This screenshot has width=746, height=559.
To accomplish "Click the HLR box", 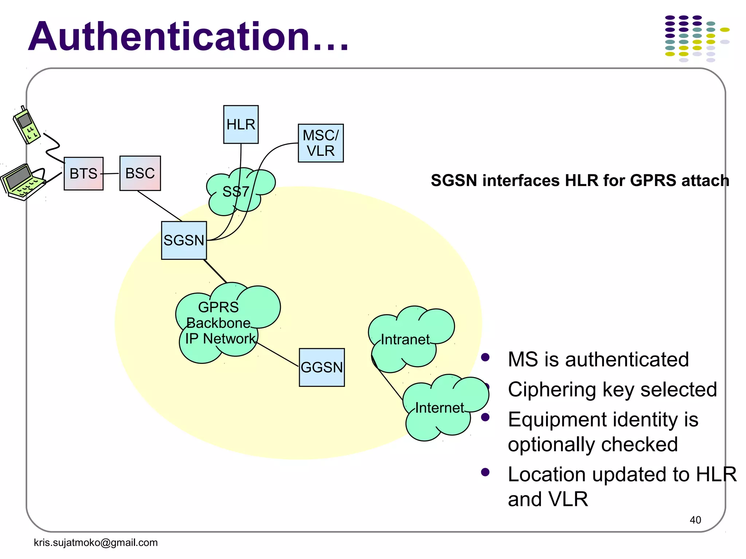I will (x=241, y=124).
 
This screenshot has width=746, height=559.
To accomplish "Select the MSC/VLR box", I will (x=321, y=143).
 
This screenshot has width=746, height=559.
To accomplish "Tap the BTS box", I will (x=83, y=174).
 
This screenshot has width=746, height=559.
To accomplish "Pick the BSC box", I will (x=140, y=173).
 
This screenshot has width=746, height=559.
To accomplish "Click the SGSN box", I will (x=184, y=240).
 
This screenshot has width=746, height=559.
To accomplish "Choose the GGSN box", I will (x=322, y=367).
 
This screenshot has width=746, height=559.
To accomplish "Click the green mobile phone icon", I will (x=26, y=126).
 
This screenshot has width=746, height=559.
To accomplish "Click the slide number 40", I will (x=695, y=520).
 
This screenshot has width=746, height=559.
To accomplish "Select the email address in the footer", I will (x=95, y=543).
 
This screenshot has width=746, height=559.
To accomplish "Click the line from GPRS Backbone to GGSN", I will (x=278, y=354).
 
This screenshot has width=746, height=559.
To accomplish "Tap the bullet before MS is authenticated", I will (x=485, y=357).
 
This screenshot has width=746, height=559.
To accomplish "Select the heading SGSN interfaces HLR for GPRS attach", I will (x=580, y=181).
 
